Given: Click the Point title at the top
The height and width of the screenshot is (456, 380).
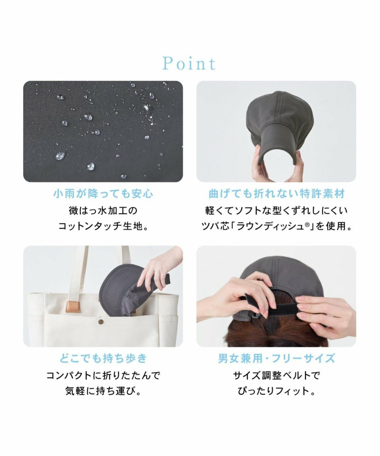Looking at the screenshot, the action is coord(189,63).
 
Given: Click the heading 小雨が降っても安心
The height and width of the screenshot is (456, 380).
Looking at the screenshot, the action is coord(103,193).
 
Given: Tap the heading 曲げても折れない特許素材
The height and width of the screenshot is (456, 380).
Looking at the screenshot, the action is coord(276,193).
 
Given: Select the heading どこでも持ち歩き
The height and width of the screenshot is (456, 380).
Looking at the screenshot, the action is coord(103,358).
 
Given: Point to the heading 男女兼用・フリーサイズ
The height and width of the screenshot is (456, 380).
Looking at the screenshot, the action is coord(276,358).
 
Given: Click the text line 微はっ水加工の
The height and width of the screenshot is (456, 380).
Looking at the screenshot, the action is coord(103,210).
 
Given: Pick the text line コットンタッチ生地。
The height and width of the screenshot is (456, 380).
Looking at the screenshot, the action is coord(103,226).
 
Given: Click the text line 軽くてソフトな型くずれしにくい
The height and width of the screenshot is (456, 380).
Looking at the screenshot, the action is coord(276,210).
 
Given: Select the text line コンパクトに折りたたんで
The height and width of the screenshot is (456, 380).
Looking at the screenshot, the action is coord(103,375).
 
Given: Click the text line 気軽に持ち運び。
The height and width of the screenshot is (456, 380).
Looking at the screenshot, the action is coord(103,391).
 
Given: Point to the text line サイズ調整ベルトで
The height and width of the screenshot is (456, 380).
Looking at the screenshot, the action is coord(276,375).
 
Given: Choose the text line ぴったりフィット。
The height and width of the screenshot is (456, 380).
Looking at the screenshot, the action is coord(276,391).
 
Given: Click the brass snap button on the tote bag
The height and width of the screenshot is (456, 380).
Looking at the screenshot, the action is coord(101,322).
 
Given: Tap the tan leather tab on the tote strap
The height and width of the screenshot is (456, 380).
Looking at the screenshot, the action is coord(73,307).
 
